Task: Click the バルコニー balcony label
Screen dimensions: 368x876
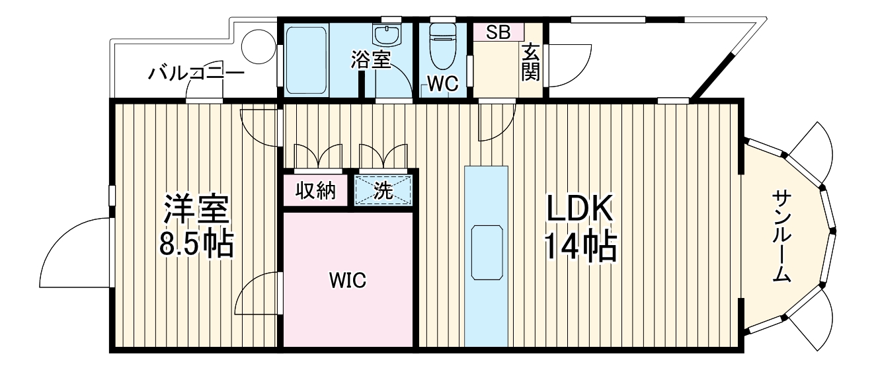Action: pos(196,73)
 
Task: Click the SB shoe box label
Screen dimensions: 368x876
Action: pos(498,33)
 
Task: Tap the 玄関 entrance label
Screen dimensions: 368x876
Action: pos(530,62)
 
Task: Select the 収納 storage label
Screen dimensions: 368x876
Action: pos(315,191)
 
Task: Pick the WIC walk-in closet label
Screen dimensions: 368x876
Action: pos(348,280)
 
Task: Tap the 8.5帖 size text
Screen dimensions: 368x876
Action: pos(196,244)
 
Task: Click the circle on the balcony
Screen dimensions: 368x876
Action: pos(257,48)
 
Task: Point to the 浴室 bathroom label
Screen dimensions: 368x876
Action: pos(371,60)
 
